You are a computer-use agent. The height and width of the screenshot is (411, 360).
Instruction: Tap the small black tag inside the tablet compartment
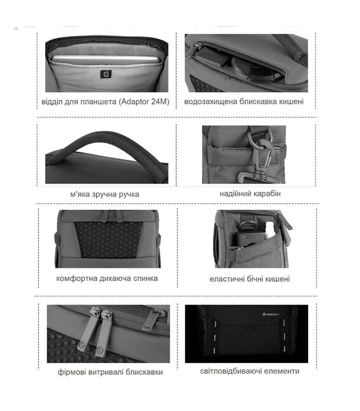click(x=106, y=74)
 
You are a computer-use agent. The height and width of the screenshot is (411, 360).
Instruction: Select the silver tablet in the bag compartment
click(x=105, y=59)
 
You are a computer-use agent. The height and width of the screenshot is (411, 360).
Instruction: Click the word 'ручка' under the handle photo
click(x=129, y=194)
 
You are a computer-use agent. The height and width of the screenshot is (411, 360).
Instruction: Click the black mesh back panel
click(x=108, y=240)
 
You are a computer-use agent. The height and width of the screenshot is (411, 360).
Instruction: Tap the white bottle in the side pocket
click(x=270, y=230)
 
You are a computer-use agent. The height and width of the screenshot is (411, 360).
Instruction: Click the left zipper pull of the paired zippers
click(x=89, y=329)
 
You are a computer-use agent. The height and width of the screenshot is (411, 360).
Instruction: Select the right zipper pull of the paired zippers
click(x=104, y=333)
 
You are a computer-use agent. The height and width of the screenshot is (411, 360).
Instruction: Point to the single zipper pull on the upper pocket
click(x=151, y=319)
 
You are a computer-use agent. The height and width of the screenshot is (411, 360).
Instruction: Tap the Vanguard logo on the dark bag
click(x=271, y=314)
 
